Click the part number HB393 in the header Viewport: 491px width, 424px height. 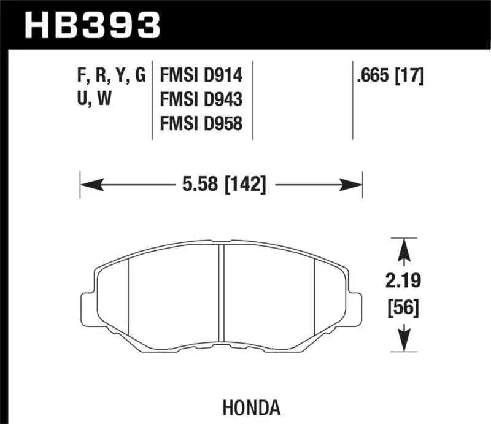90,25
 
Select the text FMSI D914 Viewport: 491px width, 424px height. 201,75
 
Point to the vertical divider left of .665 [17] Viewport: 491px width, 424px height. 352,100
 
